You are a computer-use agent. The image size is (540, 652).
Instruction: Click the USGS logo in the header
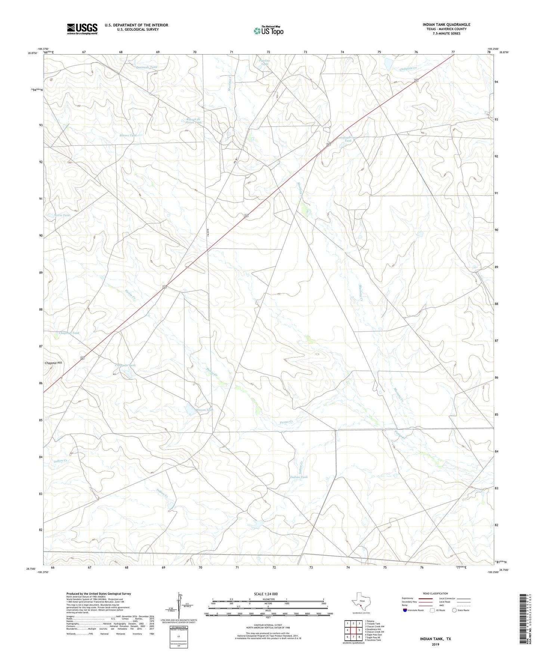click(82, 28)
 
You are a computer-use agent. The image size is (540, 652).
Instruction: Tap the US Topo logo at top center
click(268, 31)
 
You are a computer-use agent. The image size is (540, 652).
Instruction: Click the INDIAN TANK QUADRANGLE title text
click(447, 25)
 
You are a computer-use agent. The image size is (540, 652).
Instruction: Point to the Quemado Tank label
click(146, 67)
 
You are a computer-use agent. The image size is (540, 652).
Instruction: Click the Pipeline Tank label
click(265, 62)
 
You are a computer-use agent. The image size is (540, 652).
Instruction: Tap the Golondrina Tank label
click(348, 139)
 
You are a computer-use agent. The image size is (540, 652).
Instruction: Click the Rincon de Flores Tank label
click(194, 121)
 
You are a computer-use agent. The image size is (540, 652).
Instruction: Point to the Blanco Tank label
click(128, 135)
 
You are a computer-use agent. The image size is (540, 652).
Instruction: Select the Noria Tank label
click(62, 215)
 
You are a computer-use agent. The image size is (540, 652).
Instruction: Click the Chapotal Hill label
click(53, 363)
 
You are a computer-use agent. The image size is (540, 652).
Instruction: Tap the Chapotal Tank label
click(69, 333)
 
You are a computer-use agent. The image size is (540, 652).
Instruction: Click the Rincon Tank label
click(204, 410)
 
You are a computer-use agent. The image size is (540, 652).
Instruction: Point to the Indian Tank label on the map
click(299, 477)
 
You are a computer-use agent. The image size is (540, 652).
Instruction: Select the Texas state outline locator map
click(360, 605)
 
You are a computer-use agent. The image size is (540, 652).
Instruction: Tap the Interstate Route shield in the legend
click(406, 610)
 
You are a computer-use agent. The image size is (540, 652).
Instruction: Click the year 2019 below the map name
click(435, 645)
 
